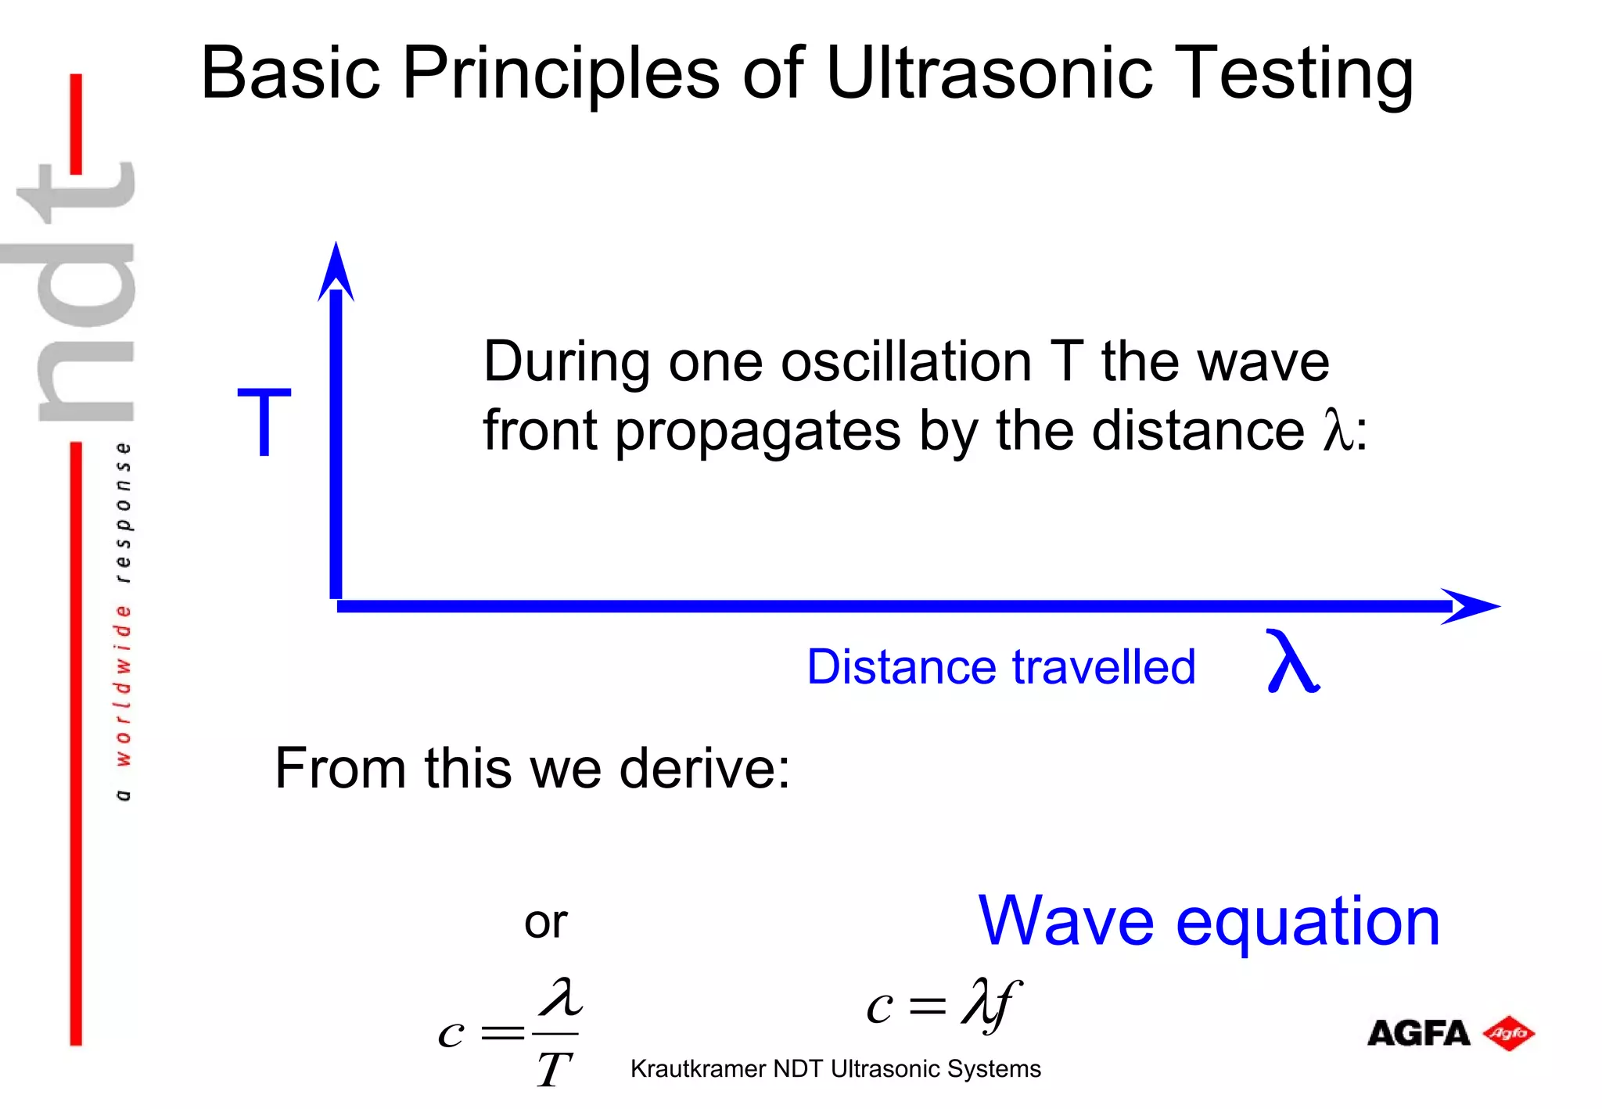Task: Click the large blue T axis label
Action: tap(264, 422)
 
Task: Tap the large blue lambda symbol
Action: tap(1291, 662)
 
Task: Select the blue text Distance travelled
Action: tap(1000, 667)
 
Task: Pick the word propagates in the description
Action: tap(757, 432)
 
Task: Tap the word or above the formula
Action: tap(545, 922)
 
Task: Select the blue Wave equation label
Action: tap(1209, 921)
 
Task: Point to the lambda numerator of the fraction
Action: tap(561, 999)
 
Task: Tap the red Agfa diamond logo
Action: tap(1508, 1033)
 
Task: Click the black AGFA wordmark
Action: tap(1418, 1033)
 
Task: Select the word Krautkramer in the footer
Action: tap(698, 1069)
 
